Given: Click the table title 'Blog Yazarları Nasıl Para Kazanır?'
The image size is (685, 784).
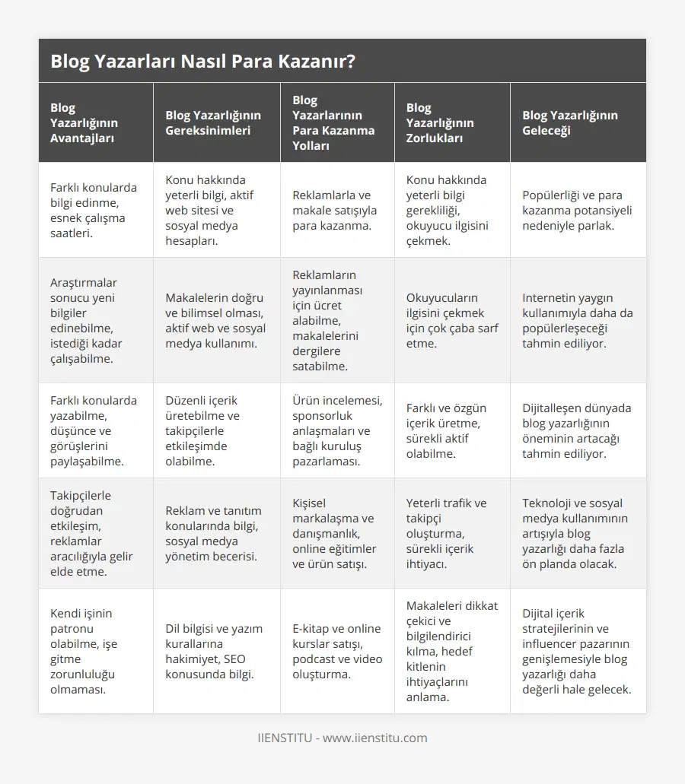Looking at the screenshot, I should click(202, 62).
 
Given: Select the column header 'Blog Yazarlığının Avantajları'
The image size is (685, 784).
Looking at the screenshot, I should click(84, 122).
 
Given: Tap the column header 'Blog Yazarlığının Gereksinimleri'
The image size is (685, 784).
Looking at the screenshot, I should click(213, 122).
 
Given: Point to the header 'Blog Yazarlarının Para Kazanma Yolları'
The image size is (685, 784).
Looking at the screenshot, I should click(333, 122).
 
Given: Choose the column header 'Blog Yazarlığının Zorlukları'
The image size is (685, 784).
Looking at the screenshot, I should click(440, 122).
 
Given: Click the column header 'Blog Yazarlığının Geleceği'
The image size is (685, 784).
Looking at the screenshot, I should click(570, 122).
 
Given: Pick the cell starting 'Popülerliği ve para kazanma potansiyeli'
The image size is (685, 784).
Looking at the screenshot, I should click(577, 210).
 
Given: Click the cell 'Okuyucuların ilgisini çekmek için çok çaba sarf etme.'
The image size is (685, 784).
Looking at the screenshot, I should click(445, 320).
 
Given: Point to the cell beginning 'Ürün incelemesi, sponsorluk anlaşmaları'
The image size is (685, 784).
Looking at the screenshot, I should click(337, 430).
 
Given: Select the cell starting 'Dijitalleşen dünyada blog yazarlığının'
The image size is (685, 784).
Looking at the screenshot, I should click(576, 430).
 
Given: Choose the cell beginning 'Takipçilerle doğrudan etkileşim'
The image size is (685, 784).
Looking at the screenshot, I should click(91, 533).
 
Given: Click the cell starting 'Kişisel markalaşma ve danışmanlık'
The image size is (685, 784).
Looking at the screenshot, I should click(334, 533).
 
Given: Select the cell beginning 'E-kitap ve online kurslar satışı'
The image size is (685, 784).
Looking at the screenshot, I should click(336, 651).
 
